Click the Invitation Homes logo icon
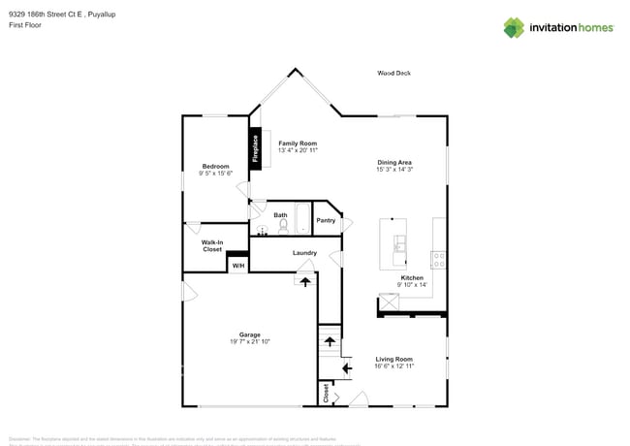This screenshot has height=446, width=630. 513,27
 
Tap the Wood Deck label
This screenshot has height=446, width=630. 394,73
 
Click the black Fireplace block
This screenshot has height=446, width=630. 256,147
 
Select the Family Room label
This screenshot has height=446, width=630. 298,143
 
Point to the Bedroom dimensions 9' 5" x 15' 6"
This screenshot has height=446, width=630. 215,173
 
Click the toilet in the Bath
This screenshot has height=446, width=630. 283,228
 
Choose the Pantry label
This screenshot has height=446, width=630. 326,220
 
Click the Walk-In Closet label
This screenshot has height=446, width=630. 212,245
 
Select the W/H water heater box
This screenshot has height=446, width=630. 237,265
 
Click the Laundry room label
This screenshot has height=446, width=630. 304,253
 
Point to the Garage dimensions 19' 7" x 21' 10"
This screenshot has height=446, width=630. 250,341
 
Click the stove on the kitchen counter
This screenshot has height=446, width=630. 438,260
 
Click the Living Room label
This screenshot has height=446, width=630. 394,359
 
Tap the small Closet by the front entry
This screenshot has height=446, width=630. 327,393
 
